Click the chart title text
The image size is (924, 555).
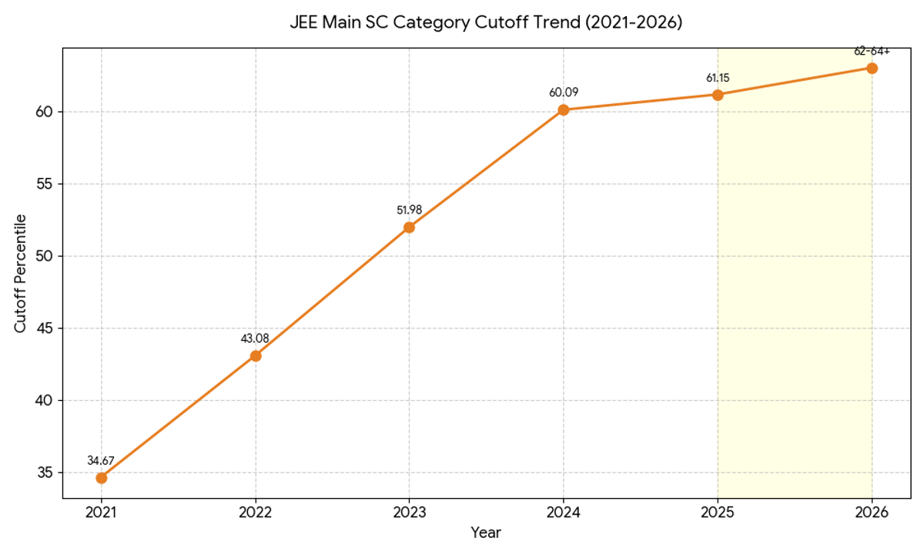pyautogui.click(x=486, y=22)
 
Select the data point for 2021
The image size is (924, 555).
pyautogui.click(x=102, y=478)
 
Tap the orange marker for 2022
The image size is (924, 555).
pyautogui.click(x=256, y=356)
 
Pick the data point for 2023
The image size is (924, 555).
pyautogui.click(x=410, y=227)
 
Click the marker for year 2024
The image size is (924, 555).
pyautogui.click(x=564, y=110)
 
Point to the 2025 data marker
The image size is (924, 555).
pyautogui.click(x=718, y=95)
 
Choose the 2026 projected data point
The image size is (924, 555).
pyautogui.click(x=872, y=68)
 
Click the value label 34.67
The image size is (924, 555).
pyautogui.click(x=102, y=461)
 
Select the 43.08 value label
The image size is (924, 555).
pyautogui.click(x=256, y=338)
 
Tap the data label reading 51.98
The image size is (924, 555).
pyautogui.click(x=410, y=210)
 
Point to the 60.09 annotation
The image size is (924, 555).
pyautogui.click(x=564, y=92)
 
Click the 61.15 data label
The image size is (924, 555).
pyautogui.click(x=718, y=78)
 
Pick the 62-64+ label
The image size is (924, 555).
pyautogui.click(x=872, y=52)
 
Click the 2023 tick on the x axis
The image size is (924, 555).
pyautogui.click(x=410, y=512)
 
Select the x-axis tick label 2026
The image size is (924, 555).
pyautogui.click(x=872, y=512)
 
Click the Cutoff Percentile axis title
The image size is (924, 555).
pyautogui.click(x=21, y=274)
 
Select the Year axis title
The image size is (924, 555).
pyautogui.click(x=486, y=533)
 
